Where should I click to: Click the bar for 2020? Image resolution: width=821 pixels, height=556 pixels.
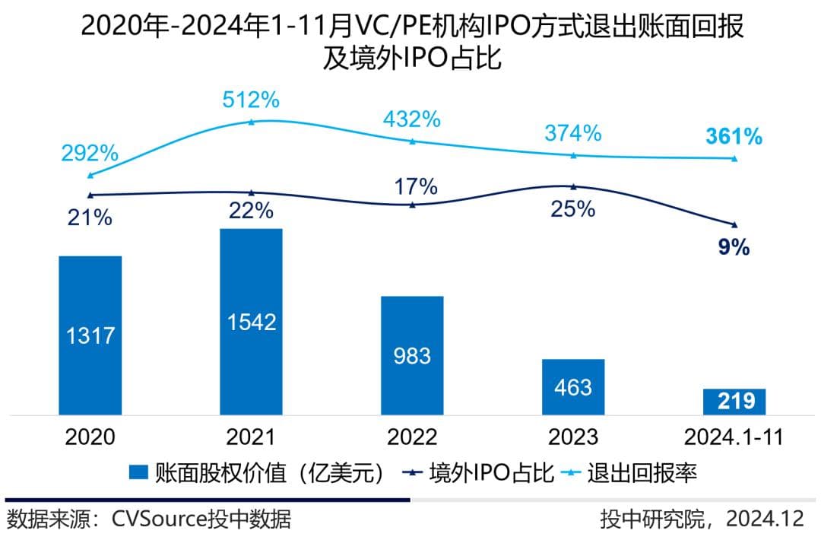pos(90,335)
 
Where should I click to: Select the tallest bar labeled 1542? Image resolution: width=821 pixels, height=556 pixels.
pos(251,321)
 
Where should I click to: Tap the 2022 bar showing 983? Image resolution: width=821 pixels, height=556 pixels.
pos(412,355)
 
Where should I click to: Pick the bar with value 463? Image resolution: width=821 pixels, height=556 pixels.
pos(573,386)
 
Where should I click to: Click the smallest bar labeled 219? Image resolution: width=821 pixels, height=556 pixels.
pos(734,402)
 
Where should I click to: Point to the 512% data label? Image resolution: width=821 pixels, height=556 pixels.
pos(252,100)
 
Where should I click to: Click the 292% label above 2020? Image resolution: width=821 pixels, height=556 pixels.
pos(90,153)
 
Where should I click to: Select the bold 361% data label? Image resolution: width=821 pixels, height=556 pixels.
pos(734,137)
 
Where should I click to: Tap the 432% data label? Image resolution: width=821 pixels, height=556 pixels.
pos(412,119)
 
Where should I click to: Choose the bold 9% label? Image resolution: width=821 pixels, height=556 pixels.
pos(734,247)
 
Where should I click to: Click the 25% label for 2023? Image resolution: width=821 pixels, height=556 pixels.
pos(573,209)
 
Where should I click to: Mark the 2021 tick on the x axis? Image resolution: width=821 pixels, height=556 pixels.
pos(251,437)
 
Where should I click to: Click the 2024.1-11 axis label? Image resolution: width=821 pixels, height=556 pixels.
pos(734,437)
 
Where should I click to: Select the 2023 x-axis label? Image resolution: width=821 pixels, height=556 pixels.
pos(572,437)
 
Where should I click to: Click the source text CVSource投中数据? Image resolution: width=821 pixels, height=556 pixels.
pos(201,519)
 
